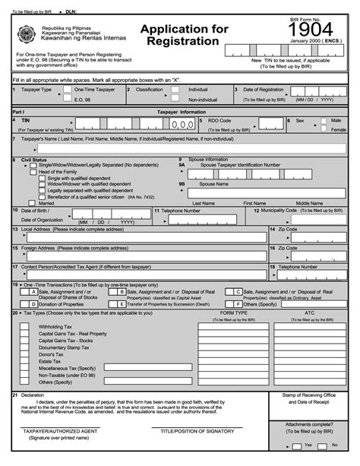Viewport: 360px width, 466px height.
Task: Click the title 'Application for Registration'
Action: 183,36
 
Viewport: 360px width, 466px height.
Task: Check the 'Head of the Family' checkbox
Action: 33,172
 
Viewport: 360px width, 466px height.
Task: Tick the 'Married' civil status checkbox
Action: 33,203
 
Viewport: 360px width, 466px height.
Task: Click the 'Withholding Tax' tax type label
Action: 55,326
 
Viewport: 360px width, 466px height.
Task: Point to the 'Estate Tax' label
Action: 50,361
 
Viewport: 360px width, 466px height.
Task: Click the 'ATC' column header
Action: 309,312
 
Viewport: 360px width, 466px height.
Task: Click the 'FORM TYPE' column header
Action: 234,312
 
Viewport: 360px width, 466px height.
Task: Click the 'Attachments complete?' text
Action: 308,424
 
